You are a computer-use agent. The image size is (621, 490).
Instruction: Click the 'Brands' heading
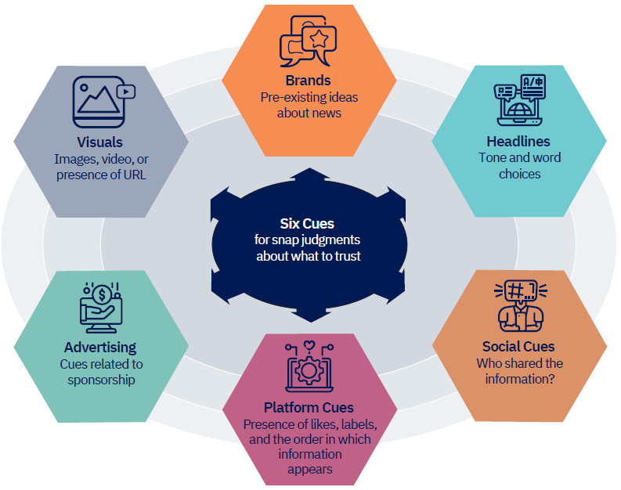tap(309, 81)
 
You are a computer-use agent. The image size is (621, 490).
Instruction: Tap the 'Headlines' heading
tap(518, 142)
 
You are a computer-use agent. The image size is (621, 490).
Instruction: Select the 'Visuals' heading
tap(100, 142)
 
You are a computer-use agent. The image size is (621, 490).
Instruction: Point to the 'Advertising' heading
tap(100, 347)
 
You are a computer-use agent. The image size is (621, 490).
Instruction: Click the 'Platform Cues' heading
tap(309, 407)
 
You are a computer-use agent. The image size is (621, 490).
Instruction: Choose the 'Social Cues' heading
tap(518, 346)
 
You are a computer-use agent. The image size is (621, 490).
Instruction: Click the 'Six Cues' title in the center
tap(308, 223)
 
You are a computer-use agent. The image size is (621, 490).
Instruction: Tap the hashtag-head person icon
tap(518, 305)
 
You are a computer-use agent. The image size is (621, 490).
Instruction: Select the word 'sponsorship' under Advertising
tap(100, 380)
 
